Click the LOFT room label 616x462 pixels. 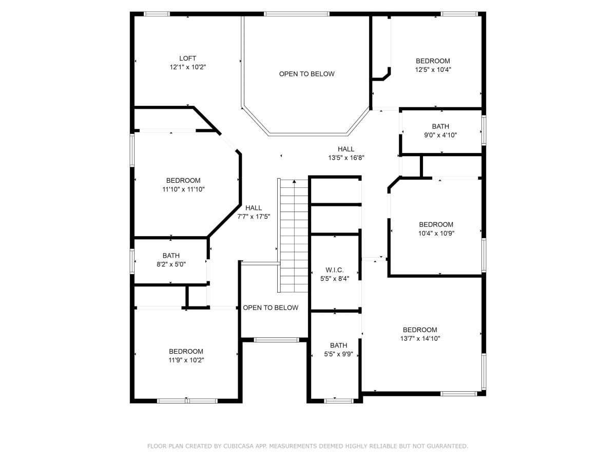coord(187,59)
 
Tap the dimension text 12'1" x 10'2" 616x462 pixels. coord(187,67)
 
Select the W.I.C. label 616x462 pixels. coord(335,270)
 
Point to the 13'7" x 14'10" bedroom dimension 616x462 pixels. coord(420,339)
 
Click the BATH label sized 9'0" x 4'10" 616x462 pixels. coord(440,126)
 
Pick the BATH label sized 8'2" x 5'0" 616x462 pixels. coord(171,256)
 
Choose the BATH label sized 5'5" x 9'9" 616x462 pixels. coord(338,345)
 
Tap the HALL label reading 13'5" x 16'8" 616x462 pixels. coord(346,149)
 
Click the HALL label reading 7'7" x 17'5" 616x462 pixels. coord(254,208)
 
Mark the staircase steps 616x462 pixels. coord(294,236)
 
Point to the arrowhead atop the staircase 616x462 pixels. coord(294,182)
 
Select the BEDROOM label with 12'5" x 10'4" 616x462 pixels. coord(433,61)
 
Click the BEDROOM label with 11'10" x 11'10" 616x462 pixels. coord(183,180)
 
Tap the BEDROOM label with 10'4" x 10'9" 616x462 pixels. coord(436,224)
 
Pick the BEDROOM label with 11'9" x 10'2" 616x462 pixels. coord(186,351)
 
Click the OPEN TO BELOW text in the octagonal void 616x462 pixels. coord(306,74)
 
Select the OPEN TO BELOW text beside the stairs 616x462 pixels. coord(270,307)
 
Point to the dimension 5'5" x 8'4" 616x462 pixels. coord(335,279)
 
